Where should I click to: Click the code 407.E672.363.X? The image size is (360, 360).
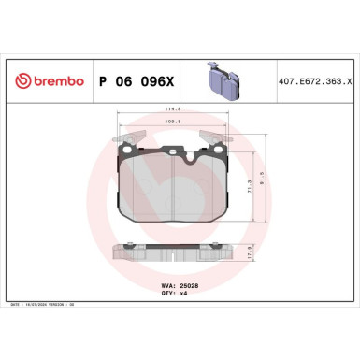314,81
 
